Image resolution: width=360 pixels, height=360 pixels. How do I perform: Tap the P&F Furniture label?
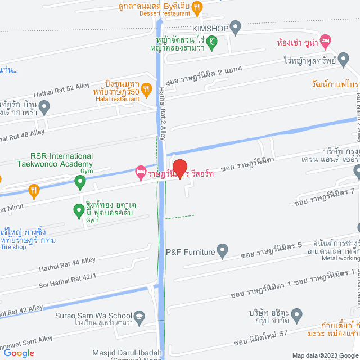click(191, 253)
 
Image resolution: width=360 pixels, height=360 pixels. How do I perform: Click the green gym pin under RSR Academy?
click(80, 182)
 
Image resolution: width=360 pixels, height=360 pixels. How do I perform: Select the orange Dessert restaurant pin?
click(197, 8)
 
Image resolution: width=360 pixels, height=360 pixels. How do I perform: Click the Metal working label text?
click(341, 258)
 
